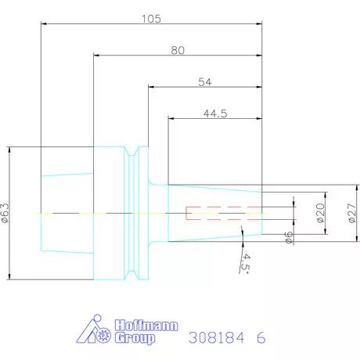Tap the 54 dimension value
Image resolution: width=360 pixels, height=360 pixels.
click(206, 81)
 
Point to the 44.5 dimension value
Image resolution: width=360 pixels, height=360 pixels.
click(215, 113)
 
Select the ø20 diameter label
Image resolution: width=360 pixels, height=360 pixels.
click(320, 211)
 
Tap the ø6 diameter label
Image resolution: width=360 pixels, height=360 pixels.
click(289, 237)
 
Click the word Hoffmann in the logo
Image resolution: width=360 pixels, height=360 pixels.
click(135, 323)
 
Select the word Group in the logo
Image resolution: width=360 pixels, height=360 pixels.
click(135, 338)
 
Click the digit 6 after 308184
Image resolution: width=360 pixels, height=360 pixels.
click(261, 337)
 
